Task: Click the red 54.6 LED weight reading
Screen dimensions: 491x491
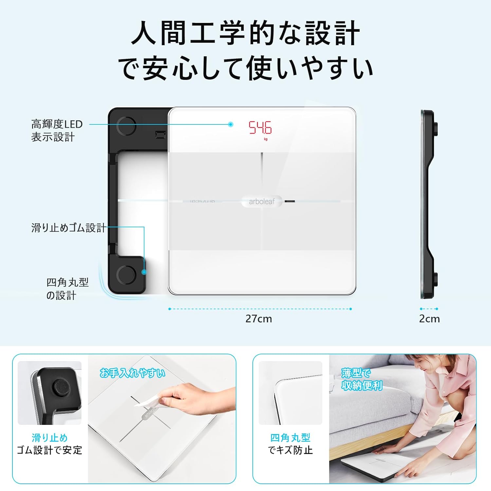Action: point(260,128)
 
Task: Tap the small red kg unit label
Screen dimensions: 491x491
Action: point(265,139)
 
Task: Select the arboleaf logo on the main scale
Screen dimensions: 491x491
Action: point(262,202)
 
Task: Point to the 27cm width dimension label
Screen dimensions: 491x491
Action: point(259,319)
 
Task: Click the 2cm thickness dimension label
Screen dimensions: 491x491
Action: point(429,319)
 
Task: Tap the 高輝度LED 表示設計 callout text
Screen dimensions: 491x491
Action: point(56,131)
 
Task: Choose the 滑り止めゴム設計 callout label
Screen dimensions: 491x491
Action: point(68,227)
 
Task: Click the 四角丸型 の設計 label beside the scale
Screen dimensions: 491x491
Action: point(67,289)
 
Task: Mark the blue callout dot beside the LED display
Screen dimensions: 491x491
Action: point(231,124)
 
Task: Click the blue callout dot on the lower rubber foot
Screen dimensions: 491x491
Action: point(144,272)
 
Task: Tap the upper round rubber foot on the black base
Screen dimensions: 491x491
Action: point(126,126)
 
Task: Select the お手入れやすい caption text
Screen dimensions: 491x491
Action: point(133,373)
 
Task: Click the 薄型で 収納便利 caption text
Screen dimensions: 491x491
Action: point(361,379)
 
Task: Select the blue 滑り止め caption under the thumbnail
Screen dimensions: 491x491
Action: point(49,438)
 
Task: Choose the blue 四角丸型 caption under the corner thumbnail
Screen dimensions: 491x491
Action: point(290,438)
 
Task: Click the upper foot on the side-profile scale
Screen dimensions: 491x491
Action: point(436,127)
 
